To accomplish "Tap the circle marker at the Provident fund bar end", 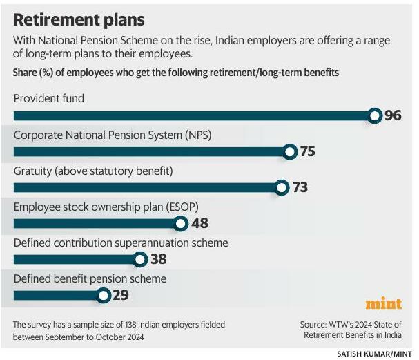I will click(x=375, y=115).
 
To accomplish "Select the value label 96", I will click(x=393, y=115).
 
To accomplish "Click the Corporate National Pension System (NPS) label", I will click(x=113, y=135).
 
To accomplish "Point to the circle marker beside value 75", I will click(x=290, y=151).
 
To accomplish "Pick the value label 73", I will click(x=299, y=187).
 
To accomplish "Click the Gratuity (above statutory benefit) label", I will click(x=92, y=171).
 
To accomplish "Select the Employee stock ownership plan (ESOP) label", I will click(x=104, y=207).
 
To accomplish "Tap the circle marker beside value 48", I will click(x=181, y=223).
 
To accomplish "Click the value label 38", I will click(x=158, y=259).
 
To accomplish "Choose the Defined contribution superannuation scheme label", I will click(x=121, y=243).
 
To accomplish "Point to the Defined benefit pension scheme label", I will click(x=90, y=278).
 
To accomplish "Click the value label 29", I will click(x=120, y=296).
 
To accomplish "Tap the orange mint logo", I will click(x=383, y=304).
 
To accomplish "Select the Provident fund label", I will click(x=49, y=98).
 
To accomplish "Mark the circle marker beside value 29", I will click(x=103, y=296).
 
